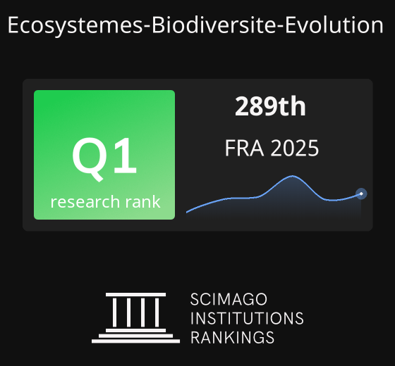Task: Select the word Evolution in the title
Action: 334,25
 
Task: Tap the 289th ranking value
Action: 270,106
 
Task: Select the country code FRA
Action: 244,148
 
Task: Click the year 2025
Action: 295,148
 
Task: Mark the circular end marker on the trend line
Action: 361,194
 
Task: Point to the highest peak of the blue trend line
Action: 292,176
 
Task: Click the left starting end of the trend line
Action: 187,213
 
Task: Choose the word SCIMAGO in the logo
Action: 229,299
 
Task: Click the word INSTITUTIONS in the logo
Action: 247,318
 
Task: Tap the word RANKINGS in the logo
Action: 232,337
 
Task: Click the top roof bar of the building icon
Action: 135,295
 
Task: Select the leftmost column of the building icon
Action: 114,313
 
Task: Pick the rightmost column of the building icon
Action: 157,313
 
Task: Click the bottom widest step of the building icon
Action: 135,341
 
